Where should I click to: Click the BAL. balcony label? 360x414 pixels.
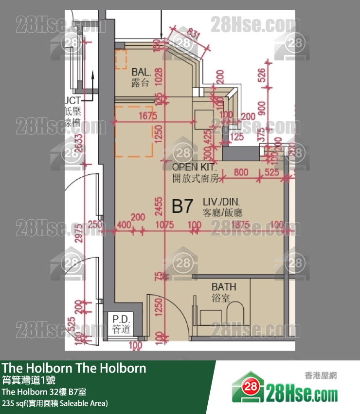[x=140, y=71]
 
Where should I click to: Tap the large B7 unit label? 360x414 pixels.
[x=183, y=207]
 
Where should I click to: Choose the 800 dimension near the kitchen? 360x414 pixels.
[x=240, y=172]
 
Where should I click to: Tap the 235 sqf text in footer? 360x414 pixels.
[x=54, y=403]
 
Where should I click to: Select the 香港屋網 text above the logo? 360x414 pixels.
[x=321, y=376]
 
